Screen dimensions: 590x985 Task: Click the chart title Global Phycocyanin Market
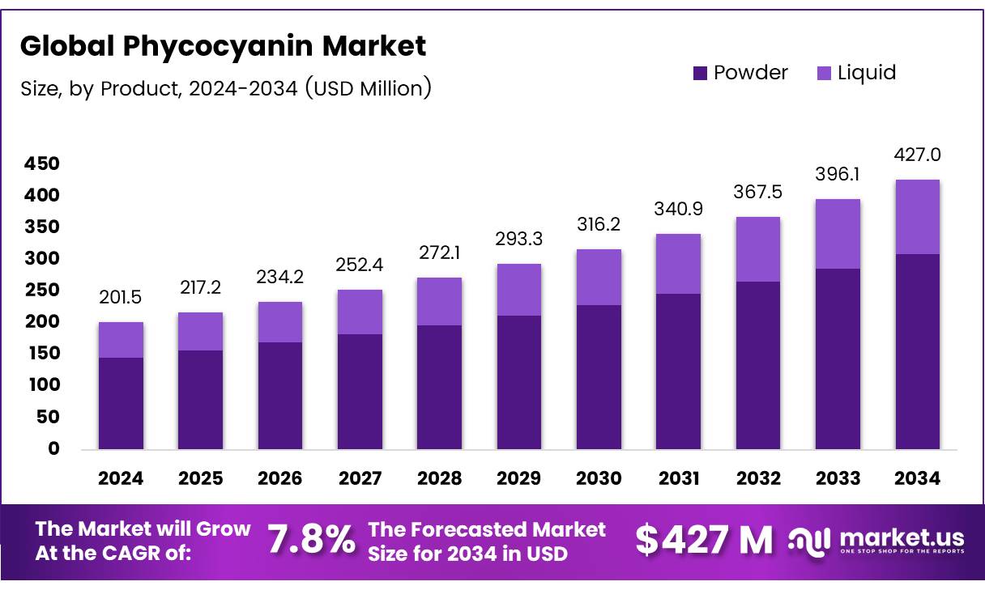tap(223, 46)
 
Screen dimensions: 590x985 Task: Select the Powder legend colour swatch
tap(701, 73)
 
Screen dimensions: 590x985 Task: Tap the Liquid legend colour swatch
tap(824, 73)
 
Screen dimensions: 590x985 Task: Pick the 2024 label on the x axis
tap(121, 478)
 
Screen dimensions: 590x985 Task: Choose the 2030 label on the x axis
tap(599, 478)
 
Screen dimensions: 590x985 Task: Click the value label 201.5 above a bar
tap(121, 298)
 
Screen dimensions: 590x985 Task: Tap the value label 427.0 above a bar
tap(918, 155)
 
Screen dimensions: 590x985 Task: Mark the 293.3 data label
tap(519, 240)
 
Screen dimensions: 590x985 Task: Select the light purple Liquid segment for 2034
tap(918, 217)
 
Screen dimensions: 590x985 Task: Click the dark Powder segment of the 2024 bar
tap(121, 403)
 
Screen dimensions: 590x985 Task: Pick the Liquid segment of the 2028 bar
tap(440, 301)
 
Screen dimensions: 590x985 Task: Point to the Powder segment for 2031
tap(679, 371)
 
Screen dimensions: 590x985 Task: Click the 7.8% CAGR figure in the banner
tap(311, 540)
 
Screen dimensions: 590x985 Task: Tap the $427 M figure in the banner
tap(704, 540)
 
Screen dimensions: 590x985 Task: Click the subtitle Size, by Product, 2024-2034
tap(225, 88)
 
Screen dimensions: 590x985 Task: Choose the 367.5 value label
tap(758, 193)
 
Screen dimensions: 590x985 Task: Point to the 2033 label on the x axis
tap(838, 478)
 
